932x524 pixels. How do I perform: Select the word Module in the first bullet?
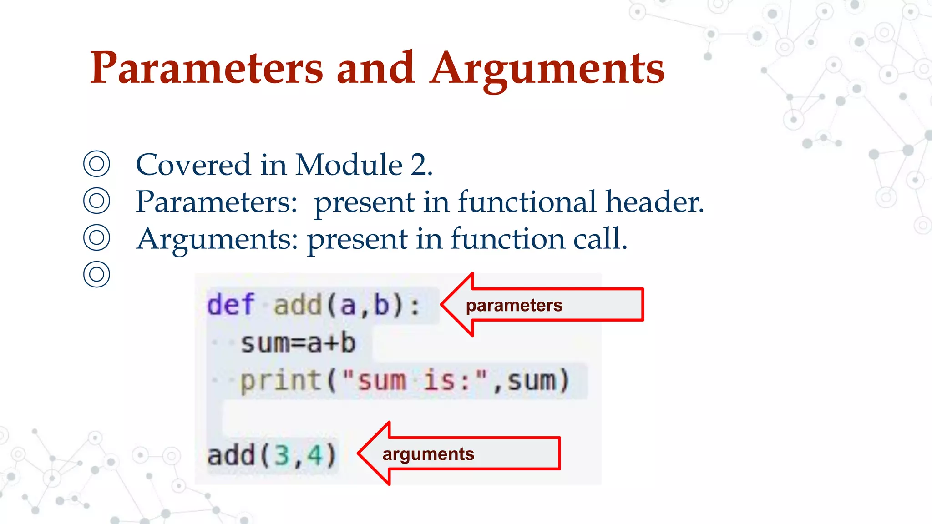click(349, 165)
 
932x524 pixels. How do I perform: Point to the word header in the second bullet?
click(654, 202)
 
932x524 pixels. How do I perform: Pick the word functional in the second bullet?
click(527, 202)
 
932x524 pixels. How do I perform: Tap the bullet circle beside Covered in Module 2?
click(96, 164)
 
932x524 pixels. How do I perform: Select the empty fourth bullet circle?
click(96, 274)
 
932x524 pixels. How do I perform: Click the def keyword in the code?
click(230, 305)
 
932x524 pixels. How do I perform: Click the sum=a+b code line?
click(298, 343)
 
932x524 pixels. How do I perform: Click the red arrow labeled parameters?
click(542, 305)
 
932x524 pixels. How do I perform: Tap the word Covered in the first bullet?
click(193, 165)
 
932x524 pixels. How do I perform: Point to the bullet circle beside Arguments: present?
click(96, 237)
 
